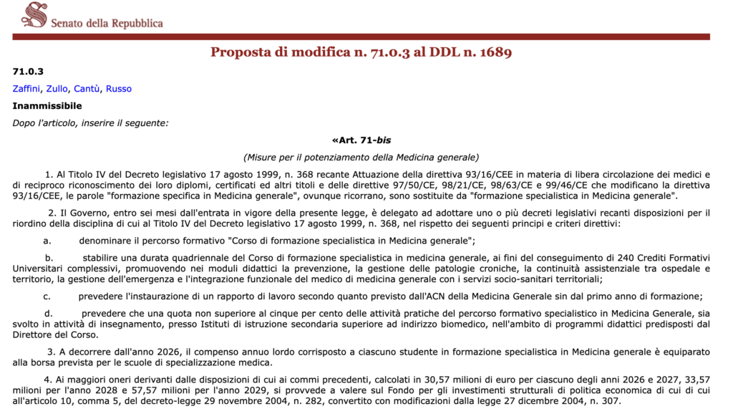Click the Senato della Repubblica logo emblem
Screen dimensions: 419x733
click(x=34, y=14)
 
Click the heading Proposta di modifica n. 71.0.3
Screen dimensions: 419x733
click(x=361, y=52)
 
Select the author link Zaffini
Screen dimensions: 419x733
click(x=26, y=89)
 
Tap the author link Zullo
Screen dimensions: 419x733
click(x=57, y=89)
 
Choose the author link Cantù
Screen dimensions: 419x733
click(x=87, y=89)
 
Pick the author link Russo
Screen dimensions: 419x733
click(x=119, y=89)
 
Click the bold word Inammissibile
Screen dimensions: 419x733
click(x=47, y=106)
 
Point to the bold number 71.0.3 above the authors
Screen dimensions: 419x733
click(x=28, y=72)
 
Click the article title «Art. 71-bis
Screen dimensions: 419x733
click(x=361, y=140)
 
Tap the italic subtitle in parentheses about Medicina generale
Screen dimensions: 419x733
click(x=361, y=157)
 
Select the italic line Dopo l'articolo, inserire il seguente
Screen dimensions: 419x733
click(x=90, y=122)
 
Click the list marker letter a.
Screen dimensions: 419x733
click(x=47, y=241)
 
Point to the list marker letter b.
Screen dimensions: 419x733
click(x=49, y=258)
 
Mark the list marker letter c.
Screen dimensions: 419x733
click(x=47, y=296)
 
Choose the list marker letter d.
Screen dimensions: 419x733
click(x=49, y=313)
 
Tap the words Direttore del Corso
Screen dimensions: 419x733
click(x=55, y=334)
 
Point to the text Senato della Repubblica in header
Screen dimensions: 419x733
click(x=107, y=23)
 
